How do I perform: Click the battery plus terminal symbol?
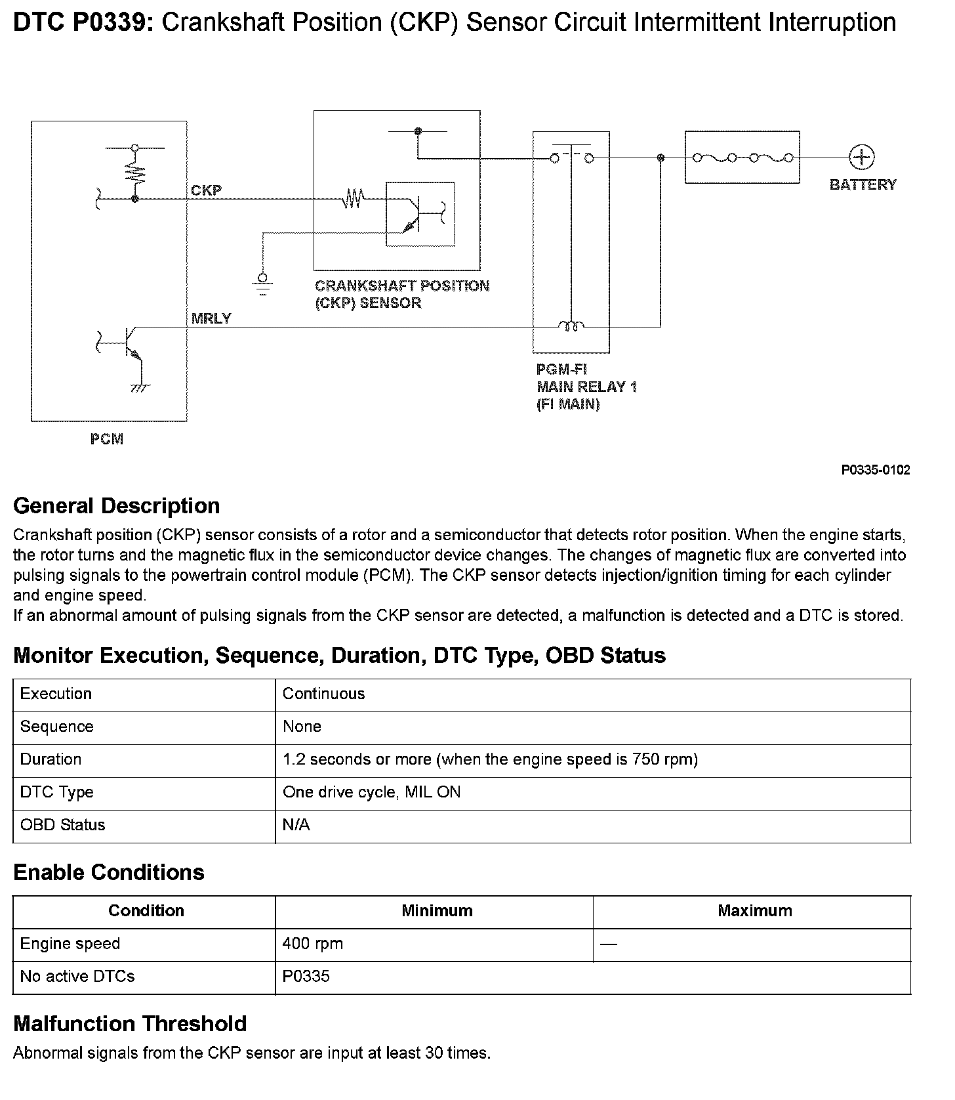(x=861, y=158)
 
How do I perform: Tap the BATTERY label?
(x=863, y=185)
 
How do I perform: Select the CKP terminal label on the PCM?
(x=206, y=190)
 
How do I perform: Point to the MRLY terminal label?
(x=211, y=319)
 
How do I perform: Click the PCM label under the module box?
(x=107, y=439)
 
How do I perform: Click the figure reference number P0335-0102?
(x=876, y=470)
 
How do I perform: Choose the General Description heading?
(x=117, y=506)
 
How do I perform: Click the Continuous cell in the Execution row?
(x=323, y=694)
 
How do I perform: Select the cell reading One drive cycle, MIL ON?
(x=371, y=792)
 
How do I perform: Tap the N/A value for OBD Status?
(x=296, y=825)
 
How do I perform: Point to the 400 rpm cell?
(x=312, y=944)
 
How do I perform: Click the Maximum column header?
(x=754, y=911)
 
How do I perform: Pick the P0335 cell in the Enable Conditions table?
(x=306, y=977)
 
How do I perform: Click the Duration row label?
(x=51, y=759)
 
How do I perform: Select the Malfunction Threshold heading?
(x=130, y=1024)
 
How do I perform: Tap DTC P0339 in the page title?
(x=83, y=23)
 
